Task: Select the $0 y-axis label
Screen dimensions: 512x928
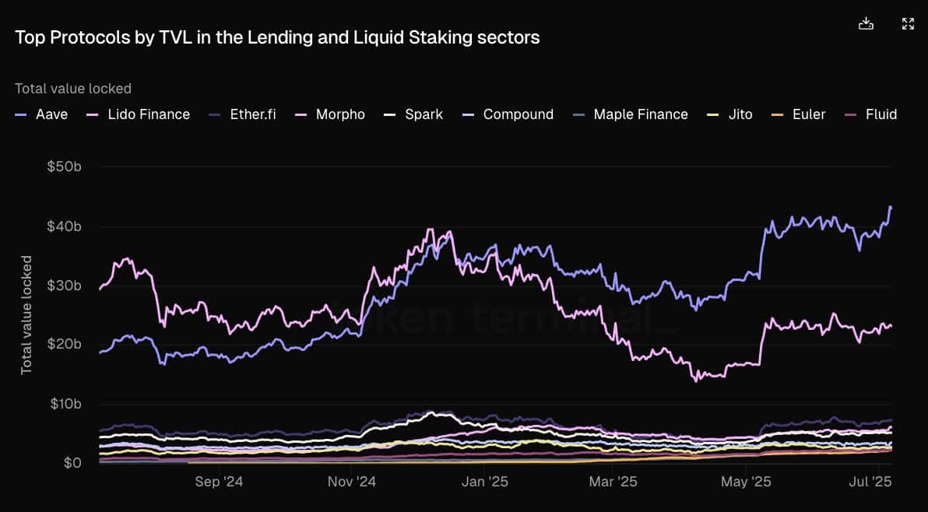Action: pyautogui.click(x=72, y=463)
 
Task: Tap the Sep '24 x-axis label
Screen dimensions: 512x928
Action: pyautogui.click(x=219, y=482)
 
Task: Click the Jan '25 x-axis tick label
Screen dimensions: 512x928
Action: pyautogui.click(x=484, y=482)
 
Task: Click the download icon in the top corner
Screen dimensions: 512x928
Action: pyautogui.click(x=866, y=23)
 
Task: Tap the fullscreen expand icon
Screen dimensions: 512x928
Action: pyautogui.click(x=908, y=23)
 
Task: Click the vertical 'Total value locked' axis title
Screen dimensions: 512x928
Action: pyautogui.click(x=26, y=314)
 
